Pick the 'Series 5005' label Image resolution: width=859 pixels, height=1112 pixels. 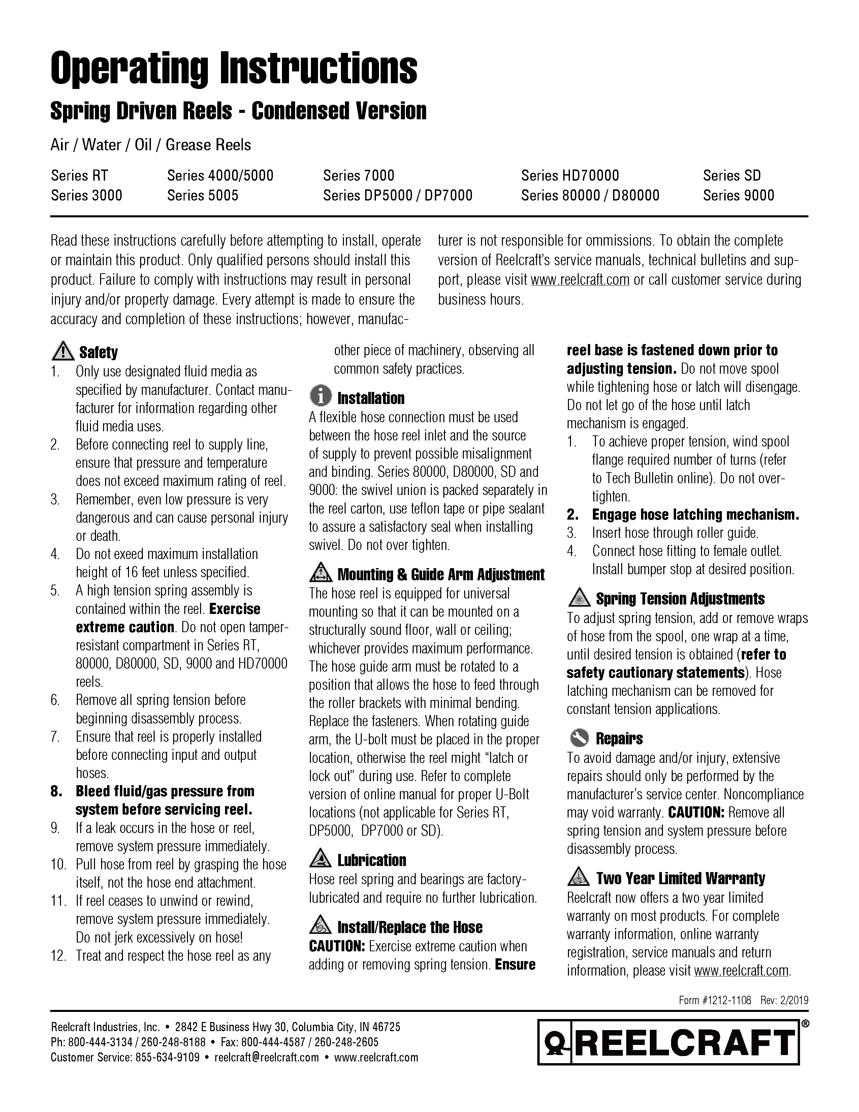click(202, 195)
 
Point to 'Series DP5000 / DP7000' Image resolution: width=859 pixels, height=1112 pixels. click(397, 195)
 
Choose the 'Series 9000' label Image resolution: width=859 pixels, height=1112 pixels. click(738, 195)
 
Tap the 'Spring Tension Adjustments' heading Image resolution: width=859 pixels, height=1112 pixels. click(680, 599)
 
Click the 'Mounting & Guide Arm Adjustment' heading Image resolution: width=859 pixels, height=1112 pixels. click(441, 574)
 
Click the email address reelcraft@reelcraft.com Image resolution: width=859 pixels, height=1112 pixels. click(267, 1057)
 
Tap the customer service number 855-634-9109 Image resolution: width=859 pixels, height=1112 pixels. click(167, 1057)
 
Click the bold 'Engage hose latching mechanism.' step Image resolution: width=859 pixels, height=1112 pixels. click(695, 515)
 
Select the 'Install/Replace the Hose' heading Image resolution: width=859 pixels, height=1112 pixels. click(410, 927)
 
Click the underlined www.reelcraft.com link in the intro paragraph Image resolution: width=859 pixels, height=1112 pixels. click(580, 280)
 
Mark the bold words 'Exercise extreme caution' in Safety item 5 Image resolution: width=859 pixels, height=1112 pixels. click(168, 618)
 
